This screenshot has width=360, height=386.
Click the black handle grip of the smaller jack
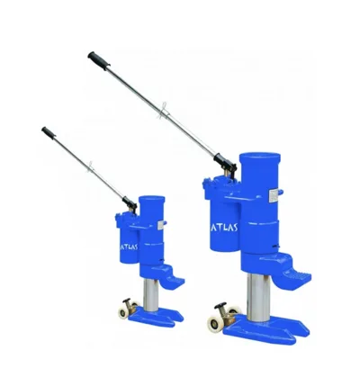[x=49, y=132]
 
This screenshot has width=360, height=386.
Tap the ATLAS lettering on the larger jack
[x=224, y=227]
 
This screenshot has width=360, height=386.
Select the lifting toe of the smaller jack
[x=175, y=281]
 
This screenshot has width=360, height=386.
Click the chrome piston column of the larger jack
[x=258, y=297]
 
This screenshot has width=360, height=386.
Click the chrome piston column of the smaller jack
[x=151, y=295]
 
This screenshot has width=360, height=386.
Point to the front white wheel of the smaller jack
[x=123, y=313]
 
